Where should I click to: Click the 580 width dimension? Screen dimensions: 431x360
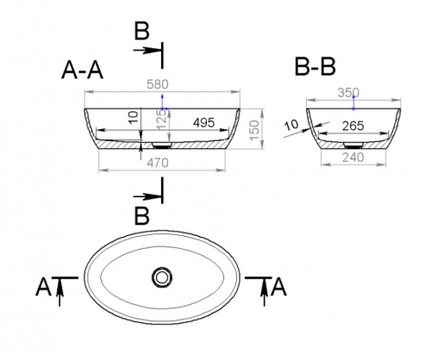point(158,84)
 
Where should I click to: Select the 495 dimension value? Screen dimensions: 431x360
point(203,123)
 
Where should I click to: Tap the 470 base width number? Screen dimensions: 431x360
point(158,163)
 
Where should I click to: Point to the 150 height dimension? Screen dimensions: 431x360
point(254,130)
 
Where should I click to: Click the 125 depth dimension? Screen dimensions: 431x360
point(161,119)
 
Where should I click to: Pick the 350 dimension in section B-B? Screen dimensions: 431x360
point(348,93)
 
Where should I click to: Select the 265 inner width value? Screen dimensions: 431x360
point(353,126)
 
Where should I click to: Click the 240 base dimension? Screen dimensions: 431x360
point(353,158)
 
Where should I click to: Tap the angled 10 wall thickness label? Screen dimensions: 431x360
point(291,125)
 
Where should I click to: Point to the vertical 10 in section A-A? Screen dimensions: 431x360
point(133,117)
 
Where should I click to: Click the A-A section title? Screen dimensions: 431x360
point(82,70)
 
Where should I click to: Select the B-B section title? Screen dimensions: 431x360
point(315,67)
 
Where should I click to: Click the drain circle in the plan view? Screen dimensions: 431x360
point(162,277)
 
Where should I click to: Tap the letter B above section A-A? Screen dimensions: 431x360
point(142,31)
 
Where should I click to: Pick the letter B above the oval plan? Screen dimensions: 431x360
point(142,215)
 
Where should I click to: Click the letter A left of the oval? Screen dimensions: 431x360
point(43,287)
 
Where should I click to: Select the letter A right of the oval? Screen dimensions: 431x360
point(278,287)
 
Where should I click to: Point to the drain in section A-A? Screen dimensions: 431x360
point(162,145)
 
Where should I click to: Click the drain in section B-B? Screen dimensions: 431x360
point(353,146)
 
